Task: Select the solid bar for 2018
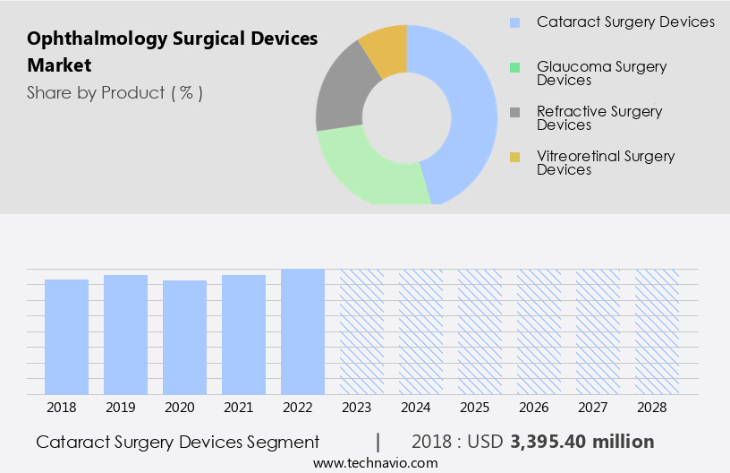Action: coord(67,337)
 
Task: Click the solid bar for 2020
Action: coord(185,337)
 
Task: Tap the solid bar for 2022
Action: coord(303,331)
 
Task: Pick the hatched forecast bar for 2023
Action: coord(362,331)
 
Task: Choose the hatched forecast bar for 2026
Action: coord(539,331)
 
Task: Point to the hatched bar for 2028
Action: coord(658,331)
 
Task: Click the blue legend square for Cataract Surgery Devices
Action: coord(515,22)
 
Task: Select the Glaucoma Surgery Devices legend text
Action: coord(601,73)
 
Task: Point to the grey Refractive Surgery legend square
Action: coord(515,112)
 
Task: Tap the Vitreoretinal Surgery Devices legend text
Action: coord(606,163)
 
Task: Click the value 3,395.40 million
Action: coord(582,442)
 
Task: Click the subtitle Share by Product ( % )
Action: coord(115,92)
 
